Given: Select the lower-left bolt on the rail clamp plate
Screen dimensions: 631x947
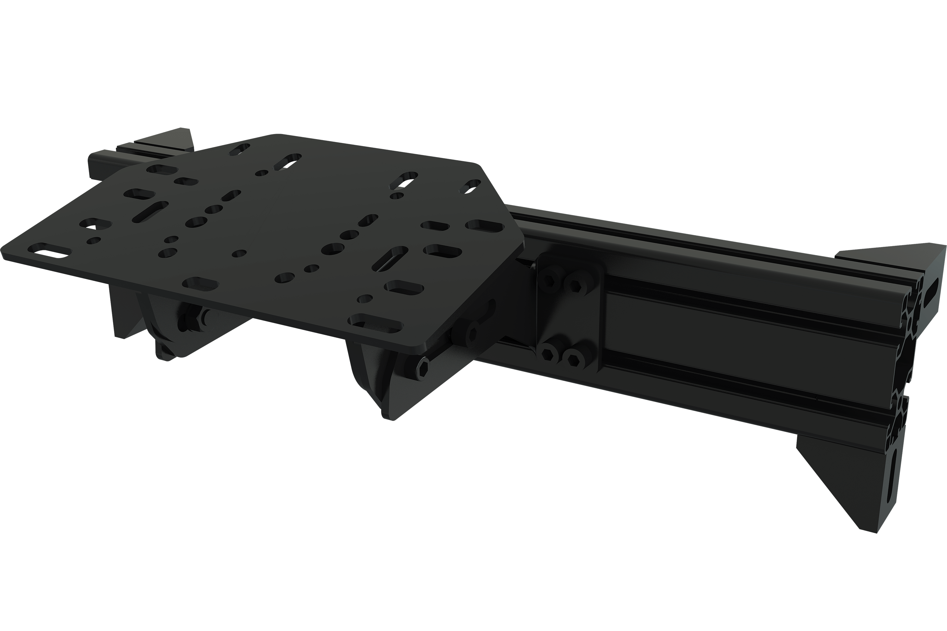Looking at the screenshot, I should pyautogui.click(x=548, y=354).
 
